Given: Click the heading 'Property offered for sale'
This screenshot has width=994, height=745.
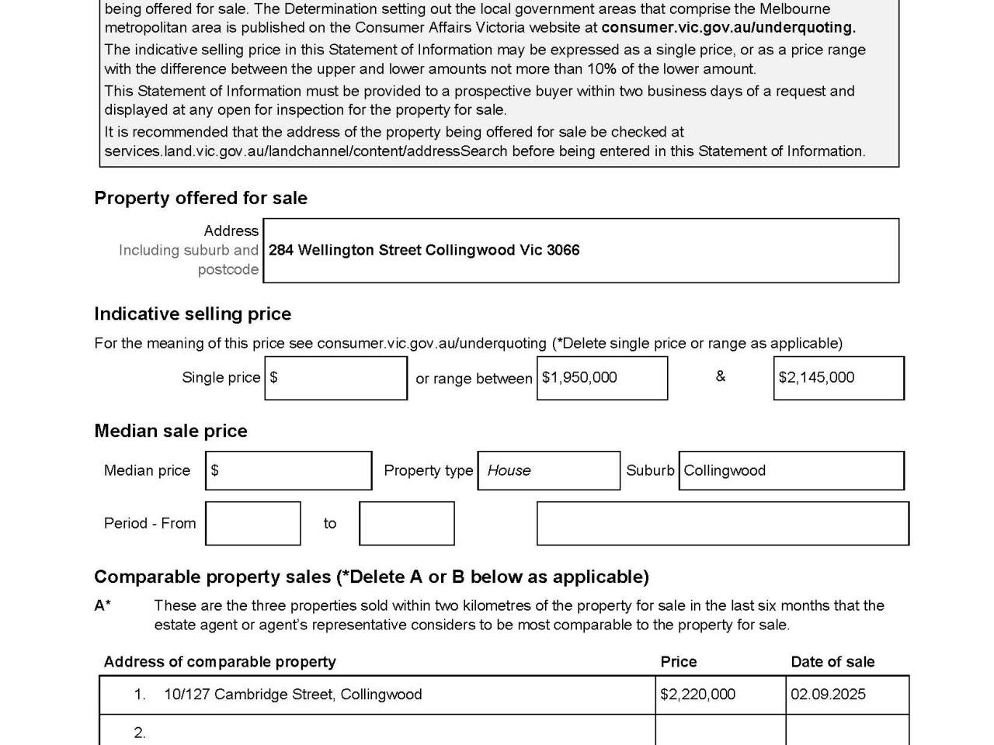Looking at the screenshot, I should pos(200,198).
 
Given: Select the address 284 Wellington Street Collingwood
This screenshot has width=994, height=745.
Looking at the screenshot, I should pos(424,250).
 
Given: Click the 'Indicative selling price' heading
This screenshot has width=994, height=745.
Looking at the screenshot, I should pos(193,314).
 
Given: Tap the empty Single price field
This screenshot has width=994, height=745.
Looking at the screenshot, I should pos(335,378).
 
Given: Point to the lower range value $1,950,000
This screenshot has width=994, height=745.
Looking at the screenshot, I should pos(580,378).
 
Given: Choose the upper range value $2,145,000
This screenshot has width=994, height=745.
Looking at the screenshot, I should pos(816,378).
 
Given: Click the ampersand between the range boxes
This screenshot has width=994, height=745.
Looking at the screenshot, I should pos(721,376).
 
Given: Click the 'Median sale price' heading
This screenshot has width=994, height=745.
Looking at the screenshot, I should pos(171,431).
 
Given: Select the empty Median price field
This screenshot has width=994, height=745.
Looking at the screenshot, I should pos(289,470).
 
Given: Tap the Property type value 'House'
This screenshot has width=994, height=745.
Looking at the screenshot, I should pos(509,470).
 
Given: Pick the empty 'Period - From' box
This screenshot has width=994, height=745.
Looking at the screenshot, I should pos(252,523).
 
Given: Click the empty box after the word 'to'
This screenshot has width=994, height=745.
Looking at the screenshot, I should pos(406,523).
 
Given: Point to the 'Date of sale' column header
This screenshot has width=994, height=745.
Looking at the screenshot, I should pos(832,662).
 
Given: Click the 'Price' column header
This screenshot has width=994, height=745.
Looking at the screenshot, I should pos(679,662).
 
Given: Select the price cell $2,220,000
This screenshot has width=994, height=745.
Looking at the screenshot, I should pos(697,695).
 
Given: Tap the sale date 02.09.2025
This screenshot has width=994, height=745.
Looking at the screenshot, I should pos(828,695).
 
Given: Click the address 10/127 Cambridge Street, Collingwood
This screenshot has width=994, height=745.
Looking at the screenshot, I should pos(293,695).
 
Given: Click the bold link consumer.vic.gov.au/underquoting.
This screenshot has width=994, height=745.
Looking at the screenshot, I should pos(728,28).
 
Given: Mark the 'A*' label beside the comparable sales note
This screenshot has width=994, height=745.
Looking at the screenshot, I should pos(103,605).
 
